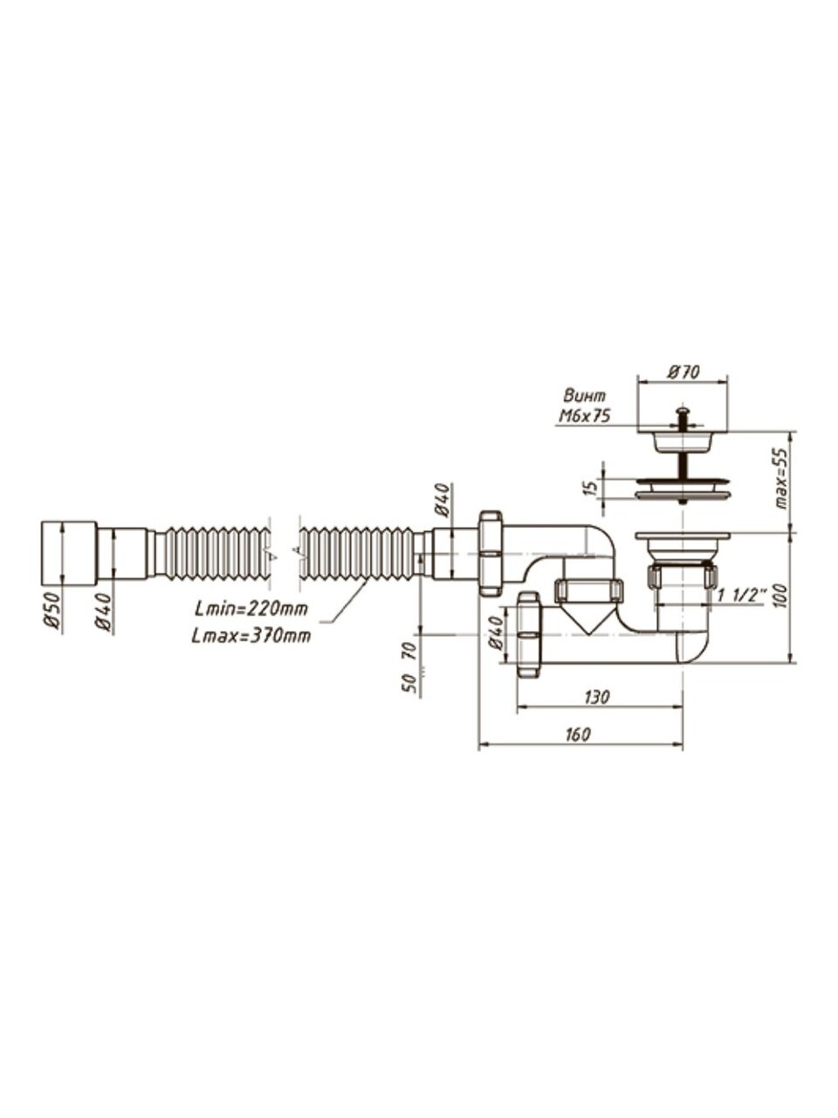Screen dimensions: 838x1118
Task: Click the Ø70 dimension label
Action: [683, 372]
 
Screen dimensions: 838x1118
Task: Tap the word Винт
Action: [585, 396]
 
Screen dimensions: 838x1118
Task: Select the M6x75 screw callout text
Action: [584, 417]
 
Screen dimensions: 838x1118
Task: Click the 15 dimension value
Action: [590, 489]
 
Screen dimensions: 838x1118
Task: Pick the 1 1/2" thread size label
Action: [742, 596]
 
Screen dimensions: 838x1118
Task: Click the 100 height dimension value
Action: [782, 596]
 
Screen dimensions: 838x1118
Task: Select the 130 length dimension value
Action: [597, 697]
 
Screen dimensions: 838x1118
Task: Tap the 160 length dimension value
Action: [578, 735]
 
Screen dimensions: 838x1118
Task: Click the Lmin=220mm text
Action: [251, 608]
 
